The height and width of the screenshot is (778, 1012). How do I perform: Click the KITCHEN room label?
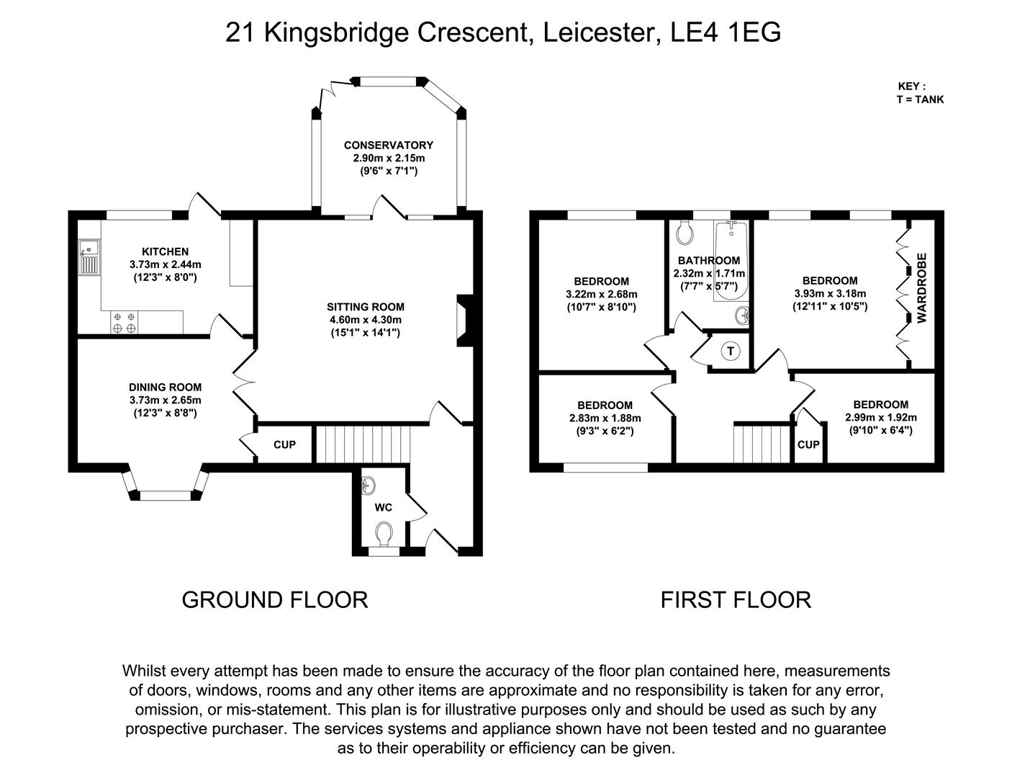[x=165, y=251]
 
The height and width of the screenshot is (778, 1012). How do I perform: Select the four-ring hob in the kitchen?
[x=125, y=323]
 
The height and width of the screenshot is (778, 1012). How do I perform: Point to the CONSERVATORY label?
[x=389, y=146]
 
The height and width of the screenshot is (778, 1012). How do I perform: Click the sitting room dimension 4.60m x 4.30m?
[x=366, y=320]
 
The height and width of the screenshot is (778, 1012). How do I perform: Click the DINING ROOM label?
[x=165, y=387]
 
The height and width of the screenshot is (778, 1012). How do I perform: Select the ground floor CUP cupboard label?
[x=284, y=445]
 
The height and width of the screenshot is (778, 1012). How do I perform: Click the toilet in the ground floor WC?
[x=384, y=534]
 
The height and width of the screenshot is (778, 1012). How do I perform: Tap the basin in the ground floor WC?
[x=369, y=486]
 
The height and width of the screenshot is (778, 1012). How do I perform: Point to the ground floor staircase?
[x=363, y=444]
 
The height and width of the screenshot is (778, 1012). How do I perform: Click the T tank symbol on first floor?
[x=731, y=351]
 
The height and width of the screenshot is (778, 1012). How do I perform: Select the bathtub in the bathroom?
[x=731, y=261]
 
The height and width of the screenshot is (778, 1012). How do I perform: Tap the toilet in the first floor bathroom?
[x=684, y=233]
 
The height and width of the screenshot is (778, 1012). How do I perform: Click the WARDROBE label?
[x=921, y=288]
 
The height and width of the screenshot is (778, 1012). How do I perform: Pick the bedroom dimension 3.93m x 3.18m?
[x=830, y=293]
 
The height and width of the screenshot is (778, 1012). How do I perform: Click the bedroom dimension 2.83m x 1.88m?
[x=605, y=419]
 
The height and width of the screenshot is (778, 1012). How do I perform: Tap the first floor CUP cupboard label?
[x=808, y=445]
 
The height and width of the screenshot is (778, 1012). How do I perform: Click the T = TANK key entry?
[x=920, y=99]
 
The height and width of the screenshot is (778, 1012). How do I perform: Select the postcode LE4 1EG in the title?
[x=725, y=32]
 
